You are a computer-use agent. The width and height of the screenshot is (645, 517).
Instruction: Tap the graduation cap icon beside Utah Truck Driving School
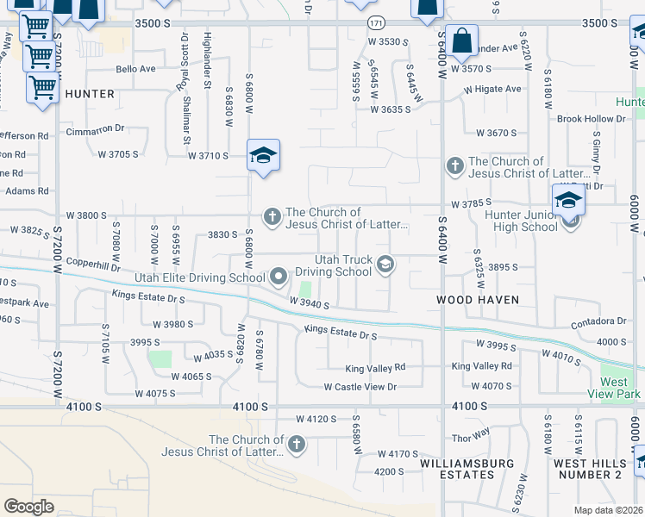point(385,265)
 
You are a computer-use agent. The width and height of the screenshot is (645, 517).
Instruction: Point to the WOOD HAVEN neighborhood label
point(477,300)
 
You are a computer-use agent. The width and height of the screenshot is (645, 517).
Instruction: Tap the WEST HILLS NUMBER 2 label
point(587,469)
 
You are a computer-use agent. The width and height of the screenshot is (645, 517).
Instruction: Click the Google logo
point(28,507)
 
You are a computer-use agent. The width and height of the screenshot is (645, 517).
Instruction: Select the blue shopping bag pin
point(462,41)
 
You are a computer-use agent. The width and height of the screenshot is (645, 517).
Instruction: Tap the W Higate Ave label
point(492,89)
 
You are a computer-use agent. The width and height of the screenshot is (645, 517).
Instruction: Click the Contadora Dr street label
point(598,321)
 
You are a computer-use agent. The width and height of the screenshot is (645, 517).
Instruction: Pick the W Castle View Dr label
point(360,387)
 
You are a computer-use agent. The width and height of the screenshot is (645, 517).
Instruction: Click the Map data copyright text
point(609,510)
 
